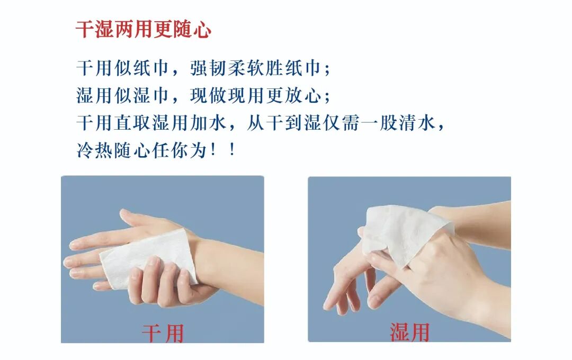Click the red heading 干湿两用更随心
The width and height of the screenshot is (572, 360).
coord(144,29)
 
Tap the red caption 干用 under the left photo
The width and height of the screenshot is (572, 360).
coord(163,333)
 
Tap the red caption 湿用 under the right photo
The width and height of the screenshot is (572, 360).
coord(409,332)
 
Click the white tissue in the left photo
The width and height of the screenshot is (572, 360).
coord(148,258)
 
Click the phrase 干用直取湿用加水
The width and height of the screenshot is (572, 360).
coord(151,122)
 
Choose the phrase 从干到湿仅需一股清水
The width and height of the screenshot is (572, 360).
coord(341,122)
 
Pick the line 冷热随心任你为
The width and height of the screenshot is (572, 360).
coord(141,150)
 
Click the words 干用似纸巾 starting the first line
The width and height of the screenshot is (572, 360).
coord(122,68)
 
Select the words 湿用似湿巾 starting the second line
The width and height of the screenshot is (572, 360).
coord(122,96)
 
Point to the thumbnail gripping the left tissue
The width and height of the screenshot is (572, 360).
coord(154,260)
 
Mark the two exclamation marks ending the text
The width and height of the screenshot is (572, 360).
coord(224,150)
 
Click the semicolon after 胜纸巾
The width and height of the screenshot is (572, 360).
coord(327,70)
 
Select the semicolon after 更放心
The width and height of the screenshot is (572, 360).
coord(327,97)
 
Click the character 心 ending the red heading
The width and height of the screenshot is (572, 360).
coord(202,30)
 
